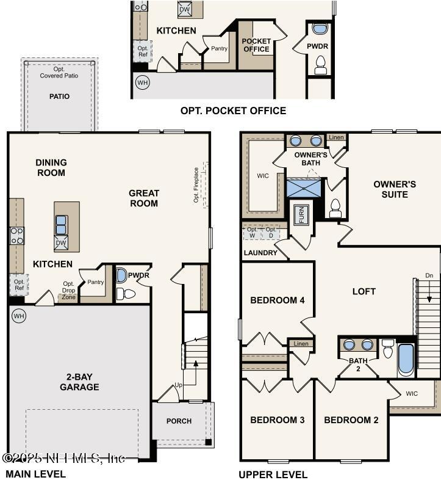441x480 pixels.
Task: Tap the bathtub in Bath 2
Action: [x=406, y=361]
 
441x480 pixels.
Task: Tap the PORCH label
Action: [x=179, y=421]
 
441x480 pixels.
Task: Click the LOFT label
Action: [x=364, y=291]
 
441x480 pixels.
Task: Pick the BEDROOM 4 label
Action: [x=278, y=300]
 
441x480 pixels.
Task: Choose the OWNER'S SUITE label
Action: [x=395, y=189]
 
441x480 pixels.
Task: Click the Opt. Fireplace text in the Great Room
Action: [x=196, y=185]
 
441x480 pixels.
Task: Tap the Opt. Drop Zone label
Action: [x=69, y=290]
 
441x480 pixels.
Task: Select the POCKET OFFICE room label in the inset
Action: [x=256, y=45]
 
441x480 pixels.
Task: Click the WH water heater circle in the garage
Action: [x=18, y=316]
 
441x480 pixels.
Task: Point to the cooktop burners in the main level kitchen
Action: [x=16, y=236]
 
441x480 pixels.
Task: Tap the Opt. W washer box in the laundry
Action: [x=252, y=232]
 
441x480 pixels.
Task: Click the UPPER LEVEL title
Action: [x=273, y=475]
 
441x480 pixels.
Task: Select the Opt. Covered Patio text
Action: [x=59, y=72]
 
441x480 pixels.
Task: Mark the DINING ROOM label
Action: [x=51, y=167]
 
